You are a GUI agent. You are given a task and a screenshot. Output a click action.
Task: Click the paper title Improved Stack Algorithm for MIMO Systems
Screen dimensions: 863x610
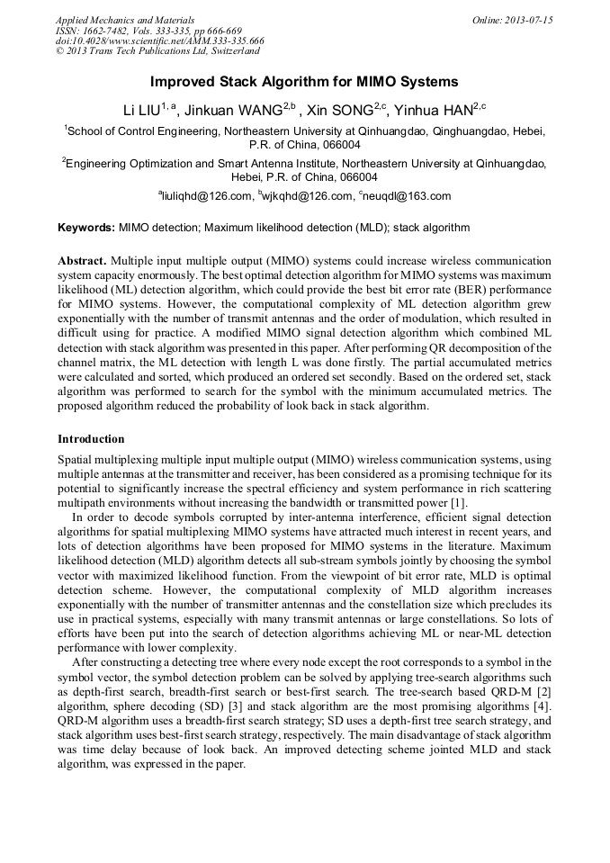click(x=304, y=82)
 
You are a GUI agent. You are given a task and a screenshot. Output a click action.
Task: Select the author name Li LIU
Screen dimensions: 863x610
click(x=141, y=110)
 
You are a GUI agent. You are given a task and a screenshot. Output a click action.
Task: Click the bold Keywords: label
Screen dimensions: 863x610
click(x=86, y=229)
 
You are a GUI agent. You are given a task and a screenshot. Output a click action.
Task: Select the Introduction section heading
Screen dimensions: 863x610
click(x=91, y=439)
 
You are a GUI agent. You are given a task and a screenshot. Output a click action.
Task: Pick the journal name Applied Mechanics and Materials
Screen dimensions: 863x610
click(x=125, y=20)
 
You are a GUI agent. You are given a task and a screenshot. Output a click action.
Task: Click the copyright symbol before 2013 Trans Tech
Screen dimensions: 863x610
click(x=59, y=52)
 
